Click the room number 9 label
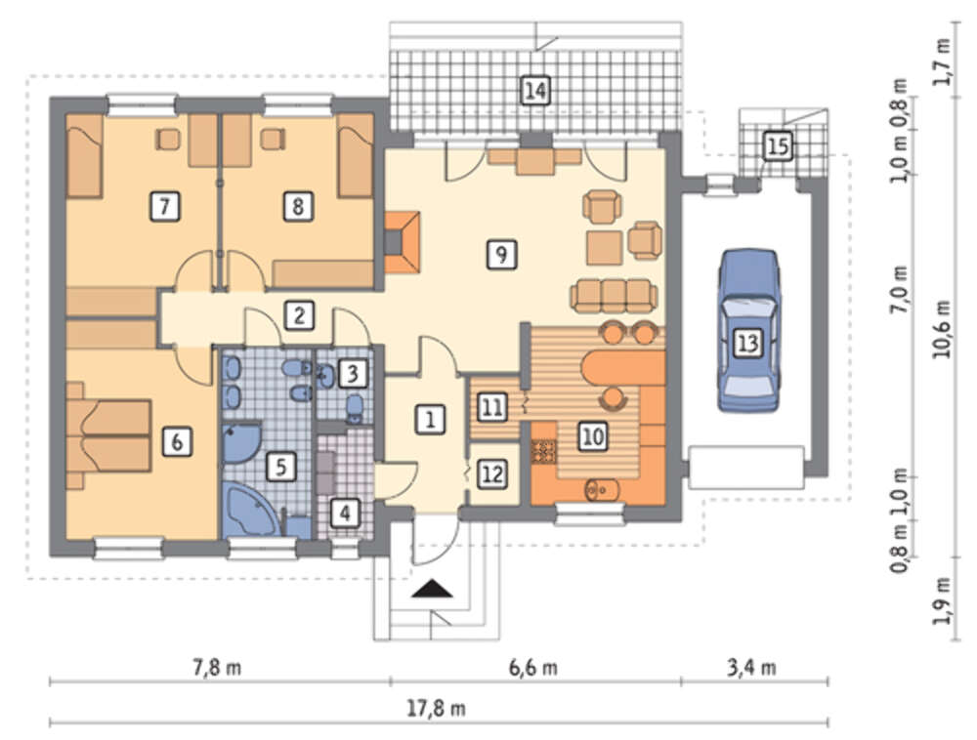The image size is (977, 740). tap(501, 254)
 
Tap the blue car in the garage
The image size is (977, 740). tap(747, 331)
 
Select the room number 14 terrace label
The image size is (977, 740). tap(535, 90)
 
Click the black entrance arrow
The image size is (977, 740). tap(432, 589)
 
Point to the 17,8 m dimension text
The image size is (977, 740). tap(436, 708)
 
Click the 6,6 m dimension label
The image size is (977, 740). tap(533, 668)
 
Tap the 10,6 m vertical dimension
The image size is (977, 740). tap(942, 329)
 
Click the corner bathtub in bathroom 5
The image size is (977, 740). tap(252, 508)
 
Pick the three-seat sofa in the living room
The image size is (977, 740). tap(614, 295)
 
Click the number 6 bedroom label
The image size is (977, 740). tap(177, 442)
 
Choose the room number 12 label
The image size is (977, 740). tap(492, 474)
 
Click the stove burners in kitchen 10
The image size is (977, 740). tap(543, 451)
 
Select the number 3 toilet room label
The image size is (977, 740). tap(353, 374)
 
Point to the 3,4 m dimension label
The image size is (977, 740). tap(751, 668)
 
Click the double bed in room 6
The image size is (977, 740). tap(109, 435)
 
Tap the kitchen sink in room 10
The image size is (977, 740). tap(601, 489)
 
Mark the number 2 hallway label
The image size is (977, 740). tap(299, 315)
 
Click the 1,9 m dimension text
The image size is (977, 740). tap(942, 601)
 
